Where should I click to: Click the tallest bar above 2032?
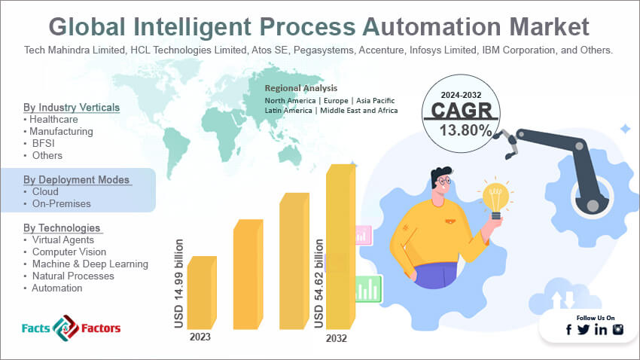coord(341,246)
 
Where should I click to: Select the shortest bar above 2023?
coord(202,293)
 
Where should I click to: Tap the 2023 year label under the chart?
coord(200,337)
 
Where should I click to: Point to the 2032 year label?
coord(337,338)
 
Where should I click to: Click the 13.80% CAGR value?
coord(466,130)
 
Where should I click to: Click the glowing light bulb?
coord(495,199)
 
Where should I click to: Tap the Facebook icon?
coord(568,329)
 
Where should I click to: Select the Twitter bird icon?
coord(584,329)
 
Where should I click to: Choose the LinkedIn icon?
coord(601,329)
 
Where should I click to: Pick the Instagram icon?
coord(618,329)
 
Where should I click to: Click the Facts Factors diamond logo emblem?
coord(66,328)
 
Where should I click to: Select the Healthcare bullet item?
coord(53,120)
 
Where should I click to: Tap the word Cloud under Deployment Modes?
coord(45,192)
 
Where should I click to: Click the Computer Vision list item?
coord(69,252)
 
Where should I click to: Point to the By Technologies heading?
coord(62,227)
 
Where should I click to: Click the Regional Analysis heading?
coord(301,88)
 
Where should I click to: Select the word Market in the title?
coord(549,27)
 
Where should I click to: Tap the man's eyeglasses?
coord(443,180)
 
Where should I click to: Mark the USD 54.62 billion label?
coord(318,284)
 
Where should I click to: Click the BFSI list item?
coord(43,144)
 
